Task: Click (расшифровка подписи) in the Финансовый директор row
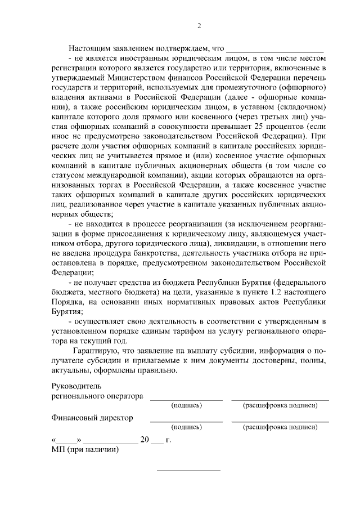tap(280, 428)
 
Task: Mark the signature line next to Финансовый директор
tap(186, 421)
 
